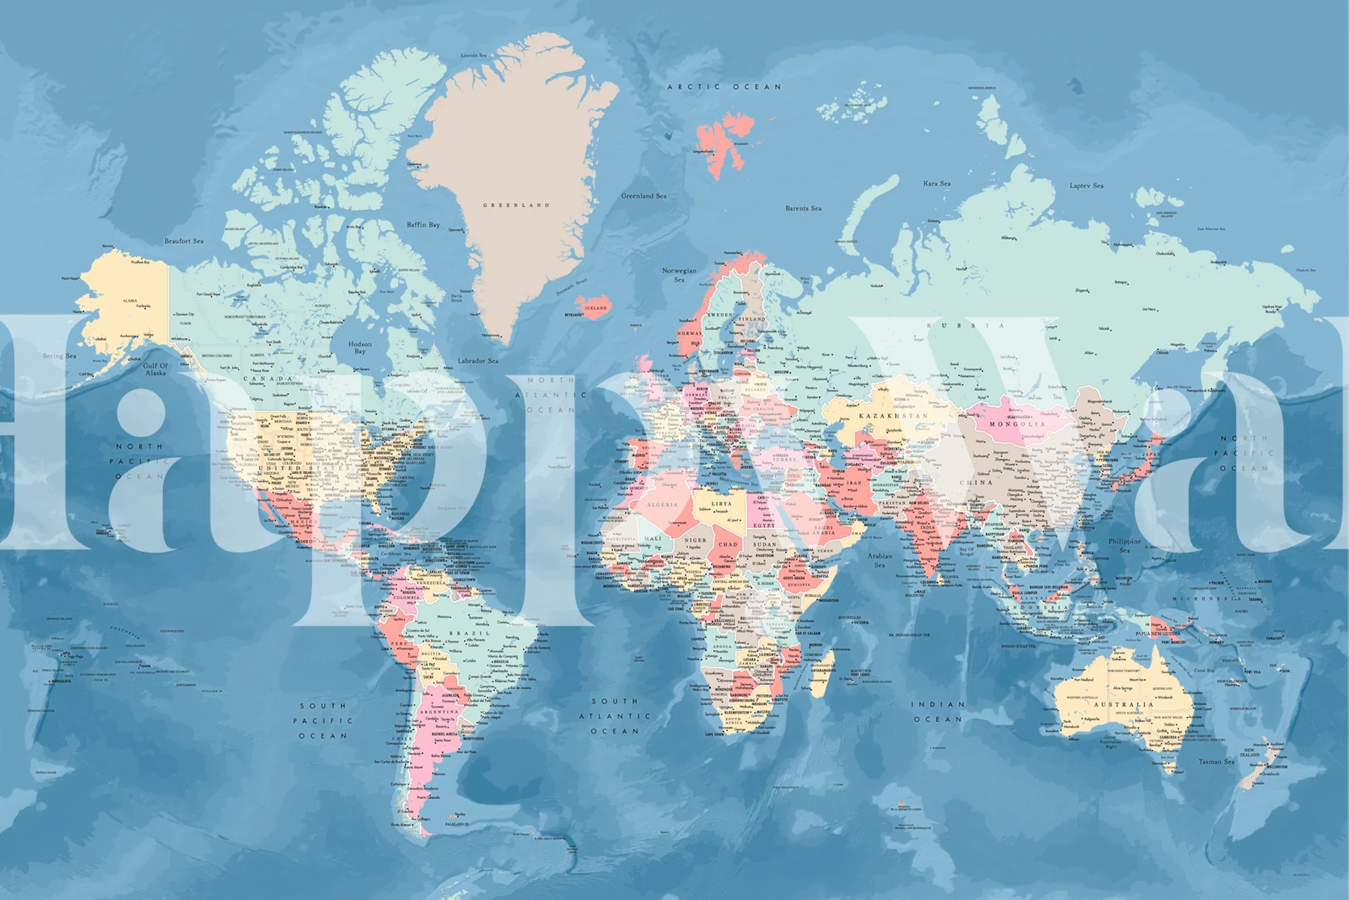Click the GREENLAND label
point(516,205)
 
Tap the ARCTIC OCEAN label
point(724,87)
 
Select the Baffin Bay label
point(423,225)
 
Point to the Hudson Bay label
point(360,347)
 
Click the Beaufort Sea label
point(184,241)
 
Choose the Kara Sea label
point(936,184)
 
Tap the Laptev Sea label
point(1086,186)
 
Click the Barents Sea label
point(803,208)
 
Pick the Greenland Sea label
point(643,196)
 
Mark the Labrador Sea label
point(478,361)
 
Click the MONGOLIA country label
point(1017,424)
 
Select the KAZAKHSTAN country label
point(893,416)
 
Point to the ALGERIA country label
point(662,504)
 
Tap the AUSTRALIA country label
point(1123,704)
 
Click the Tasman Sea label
point(1216,761)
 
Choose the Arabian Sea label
point(879,560)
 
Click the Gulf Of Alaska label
point(155,369)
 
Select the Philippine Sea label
point(1125,545)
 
